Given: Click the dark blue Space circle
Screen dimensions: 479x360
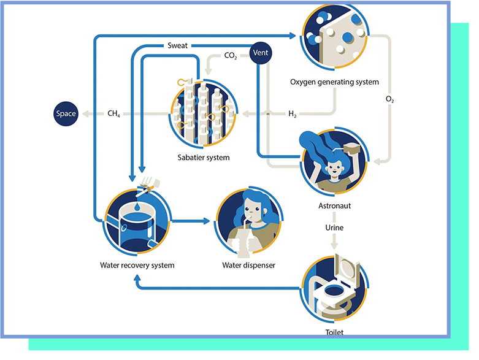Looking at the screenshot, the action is coord(66,113).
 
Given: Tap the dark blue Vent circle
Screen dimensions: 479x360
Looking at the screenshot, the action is coord(261,53).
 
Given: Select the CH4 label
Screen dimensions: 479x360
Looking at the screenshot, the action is coord(113,113).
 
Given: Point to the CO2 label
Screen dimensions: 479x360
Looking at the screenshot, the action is coord(231,56).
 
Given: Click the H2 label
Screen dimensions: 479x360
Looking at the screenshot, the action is coord(293,114).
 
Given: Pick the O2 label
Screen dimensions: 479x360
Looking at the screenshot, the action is coord(390,99).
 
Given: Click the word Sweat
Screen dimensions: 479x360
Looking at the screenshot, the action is coord(177,46).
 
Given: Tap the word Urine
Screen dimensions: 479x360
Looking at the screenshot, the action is coord(334,228).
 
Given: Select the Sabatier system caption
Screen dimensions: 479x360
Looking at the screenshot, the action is coord(204,158).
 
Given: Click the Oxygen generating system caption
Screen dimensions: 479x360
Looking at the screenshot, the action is coord(334,82).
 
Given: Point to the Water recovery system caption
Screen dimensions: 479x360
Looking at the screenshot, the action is coord(137,266).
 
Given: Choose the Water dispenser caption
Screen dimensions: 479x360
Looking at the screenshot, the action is coord(248,266).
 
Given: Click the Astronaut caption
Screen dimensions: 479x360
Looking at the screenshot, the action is coord(334,206).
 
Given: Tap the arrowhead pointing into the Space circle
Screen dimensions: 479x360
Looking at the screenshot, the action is coord(86,113).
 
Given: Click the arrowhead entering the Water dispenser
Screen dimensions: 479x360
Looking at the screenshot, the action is coord(206,221).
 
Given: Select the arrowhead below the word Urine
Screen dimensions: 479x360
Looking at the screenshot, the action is coord(334,245).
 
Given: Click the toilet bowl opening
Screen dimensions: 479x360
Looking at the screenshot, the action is coord(334,290).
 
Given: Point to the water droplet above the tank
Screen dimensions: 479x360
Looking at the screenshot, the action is coord(137,207).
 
